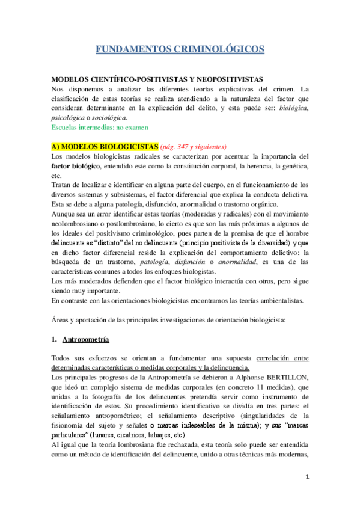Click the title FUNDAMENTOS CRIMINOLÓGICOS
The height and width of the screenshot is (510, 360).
(x=180, y=49)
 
